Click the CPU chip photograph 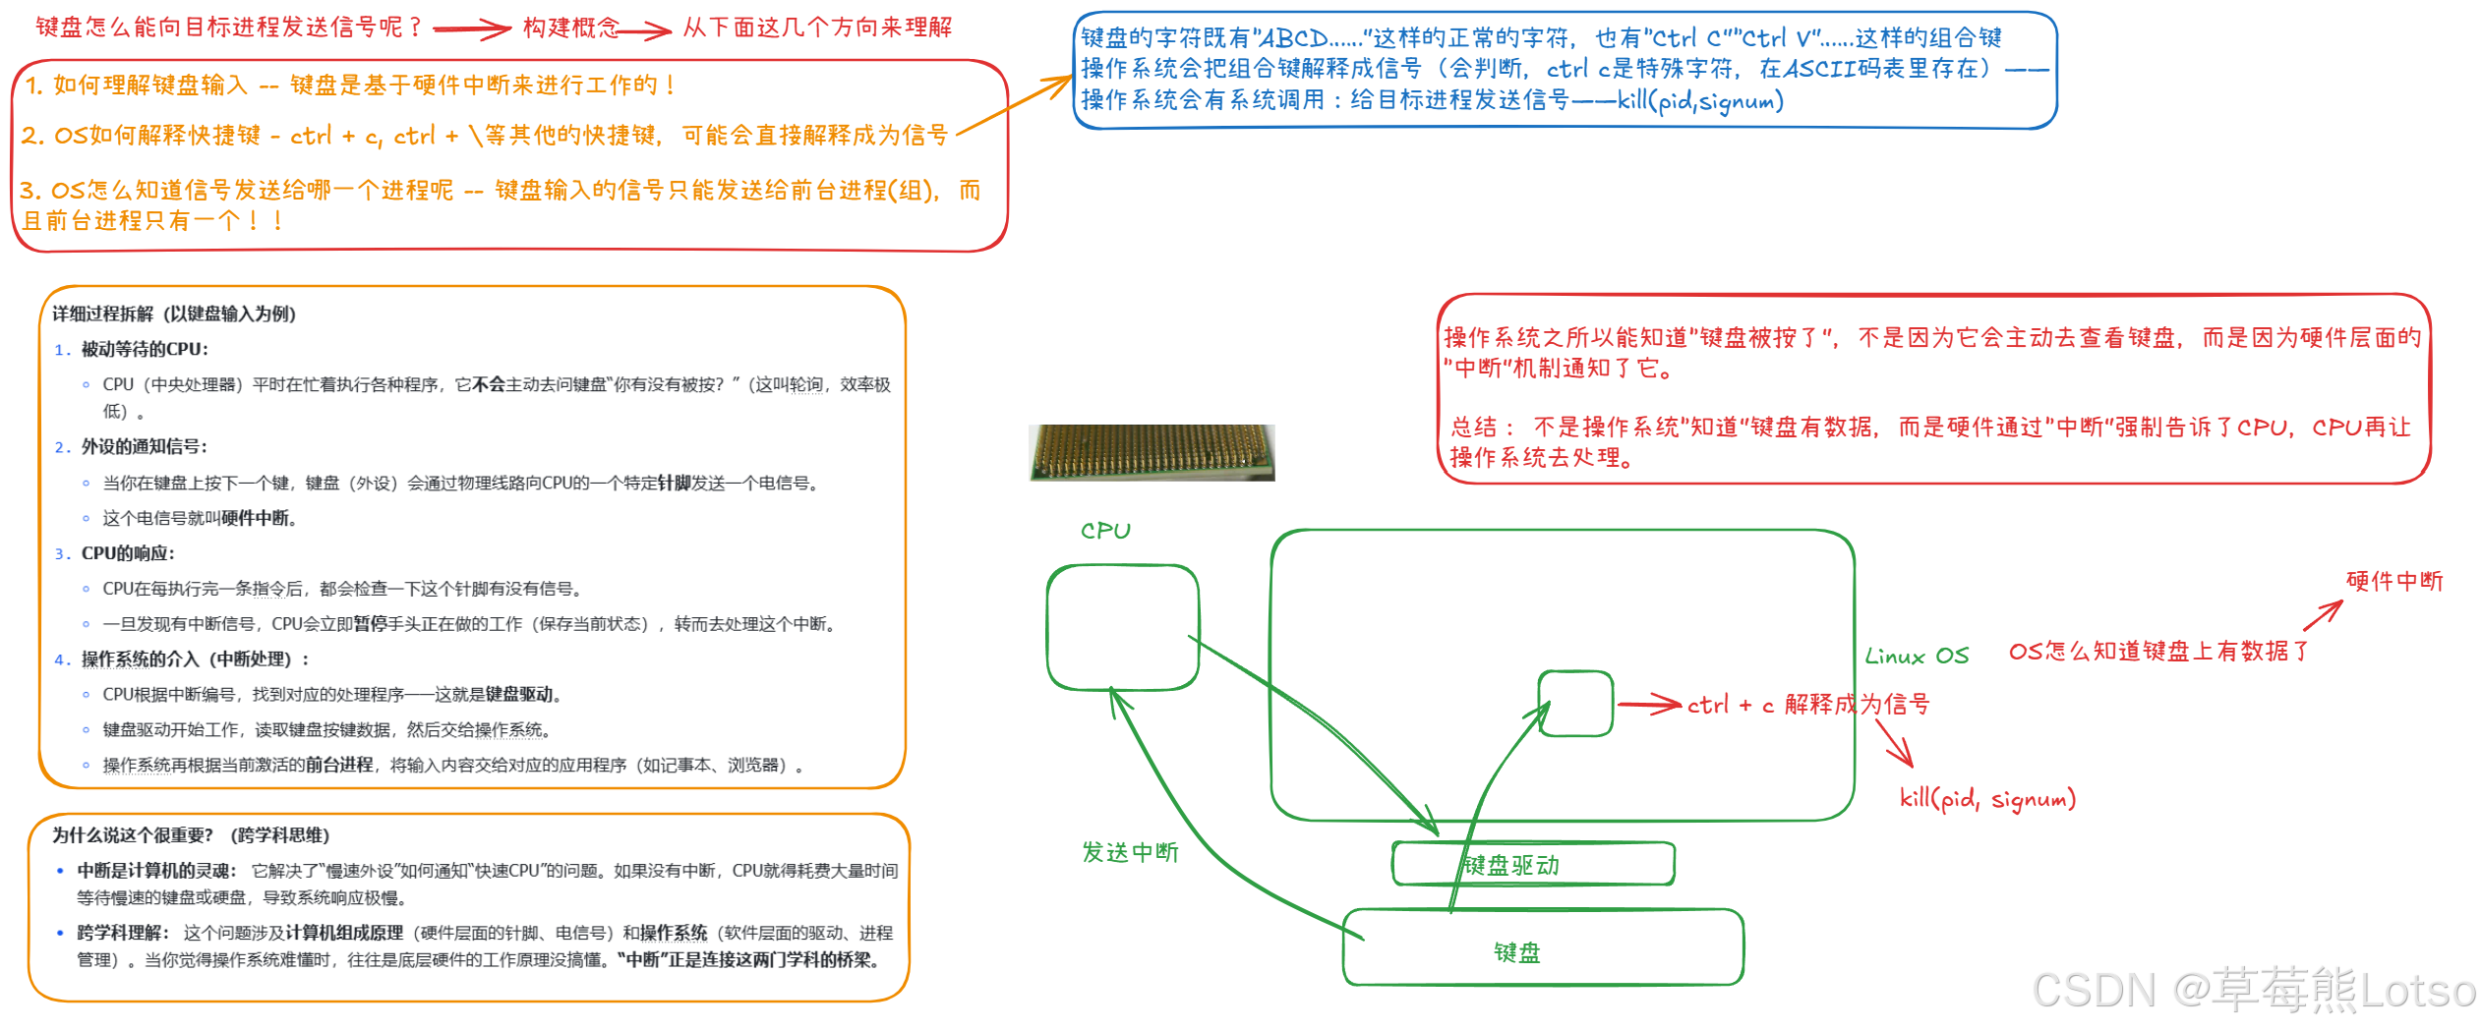coord(1152,452)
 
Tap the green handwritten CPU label coord(1105,531)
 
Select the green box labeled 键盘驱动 coord(1532,864)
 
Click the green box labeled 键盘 coord(1542,947)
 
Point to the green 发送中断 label coord(1130,852)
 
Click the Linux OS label coord(1917,657)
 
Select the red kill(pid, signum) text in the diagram coord(1986,798)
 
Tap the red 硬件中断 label coord(2393,581)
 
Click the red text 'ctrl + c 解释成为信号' coord(1807,705)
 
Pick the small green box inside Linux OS coord(1575,704)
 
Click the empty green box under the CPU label coord(1122,627)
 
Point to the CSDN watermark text coord(2253,990)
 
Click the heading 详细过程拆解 coord(173,314)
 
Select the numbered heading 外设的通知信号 coord(144,446)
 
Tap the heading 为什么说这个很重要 coord(190,834)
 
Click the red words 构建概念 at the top coord(570,28)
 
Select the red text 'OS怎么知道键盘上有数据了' coord(2158,651)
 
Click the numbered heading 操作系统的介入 coord(193,658)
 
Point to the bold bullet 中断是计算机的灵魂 coord(156,870)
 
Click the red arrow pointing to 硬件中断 coord(2323,615)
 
